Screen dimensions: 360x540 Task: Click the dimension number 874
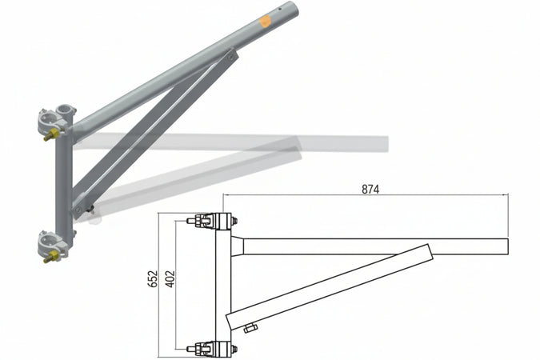pos(370,190)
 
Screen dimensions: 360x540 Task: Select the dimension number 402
pos(170,279)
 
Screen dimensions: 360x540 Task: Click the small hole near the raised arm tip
pos(277,12)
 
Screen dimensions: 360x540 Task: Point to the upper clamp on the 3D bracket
pos(56,120)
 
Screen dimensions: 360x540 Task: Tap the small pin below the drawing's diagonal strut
pos(250,327)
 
